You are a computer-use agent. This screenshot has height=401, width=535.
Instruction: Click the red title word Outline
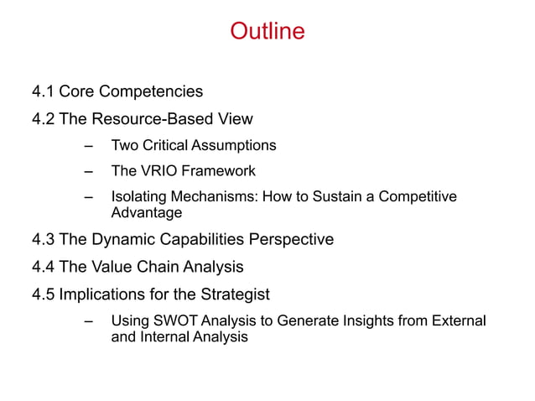pyautogui.click(x=267, y=33)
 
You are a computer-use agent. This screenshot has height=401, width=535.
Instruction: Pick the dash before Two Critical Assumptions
pyautogui.click(x=89, y=146)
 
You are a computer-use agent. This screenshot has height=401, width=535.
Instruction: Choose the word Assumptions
pyautogui.click(x=238, y=146)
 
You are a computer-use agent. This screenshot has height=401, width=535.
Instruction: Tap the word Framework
pyautogui.click(x=216, y=172)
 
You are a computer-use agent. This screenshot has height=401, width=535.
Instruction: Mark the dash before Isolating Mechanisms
pyautogui.click(x=89, y=198)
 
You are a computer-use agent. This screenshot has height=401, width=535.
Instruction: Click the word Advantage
pyautogui.click(x=147, y=213)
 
